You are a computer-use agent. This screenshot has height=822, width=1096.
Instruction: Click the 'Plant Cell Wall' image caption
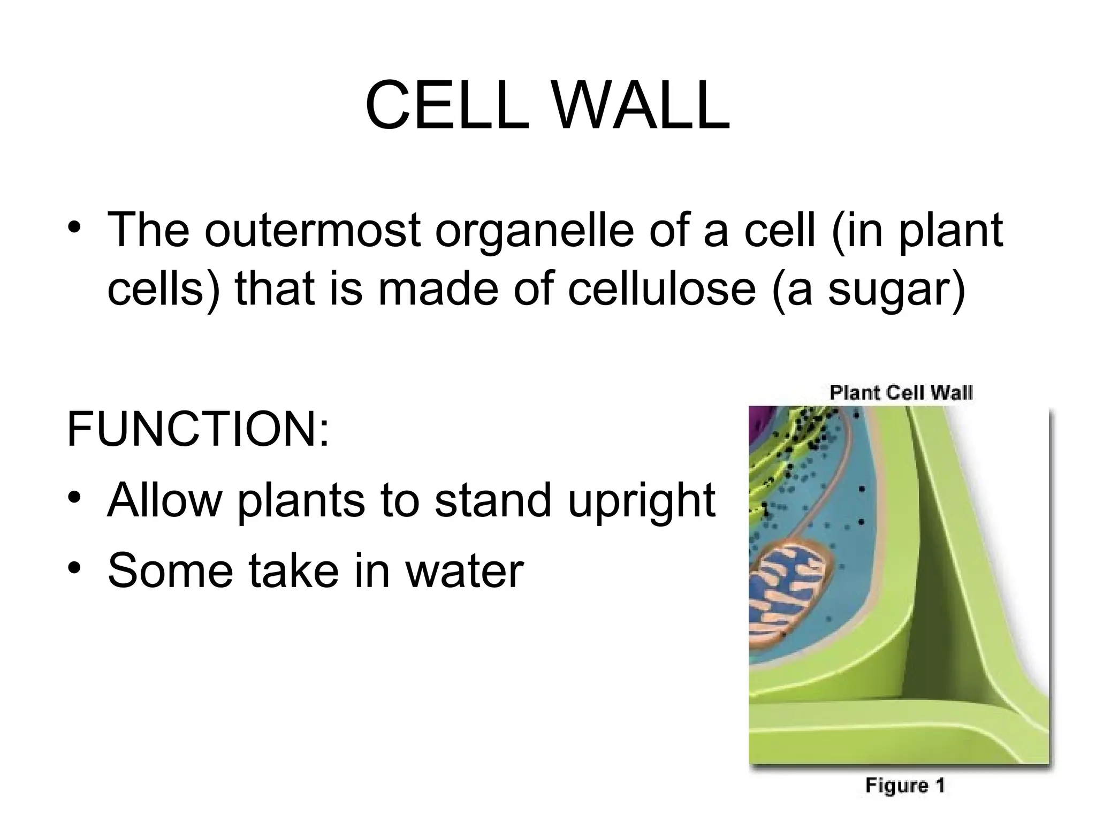click(901, 393)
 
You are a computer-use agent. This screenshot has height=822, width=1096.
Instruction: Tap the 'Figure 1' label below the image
click(905, 786)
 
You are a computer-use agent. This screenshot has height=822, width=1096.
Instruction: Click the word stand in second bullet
click(492, 500)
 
